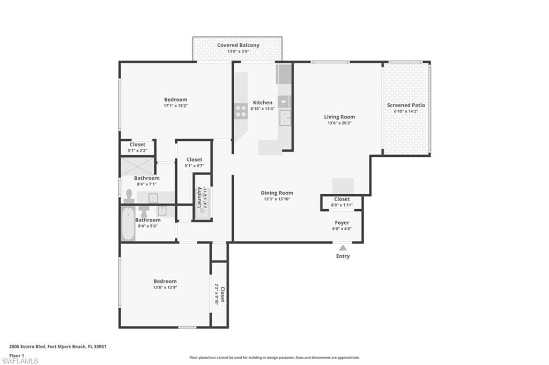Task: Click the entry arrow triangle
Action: pyautogui.click(x=343, y=247)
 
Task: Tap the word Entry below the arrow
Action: pyautogui.click(x=343, y=256)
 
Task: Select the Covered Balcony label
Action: pyautogui.click(x=238, y=45)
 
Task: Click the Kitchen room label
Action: pyautogui.click(x=263, y=103)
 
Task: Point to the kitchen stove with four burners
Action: pyautogui.click(x=241, y=111)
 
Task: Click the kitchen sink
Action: pyautogui.click(x=284, y=118)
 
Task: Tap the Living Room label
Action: pyautogui.click(x=339, y=117)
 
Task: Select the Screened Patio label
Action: pyautogui.click(x=406, y=105)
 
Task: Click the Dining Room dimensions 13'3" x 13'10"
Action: pyautogui.click(x=277, y=199)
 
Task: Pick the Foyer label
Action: pyautogui.click(x=342, y=223)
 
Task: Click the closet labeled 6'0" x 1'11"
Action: pyautogui.click(x=342, y=202)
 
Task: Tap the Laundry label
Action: pyautogui.click(x=199, y=197)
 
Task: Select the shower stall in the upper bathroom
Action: pyautogui.click(x=137, y=166)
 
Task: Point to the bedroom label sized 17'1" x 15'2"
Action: pyautogui.click(x=175, y=102)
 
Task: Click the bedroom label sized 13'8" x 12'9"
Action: pyautogui.click(x=165, y=284)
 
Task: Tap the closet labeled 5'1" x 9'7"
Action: pyautogui.click(x=194, y=162)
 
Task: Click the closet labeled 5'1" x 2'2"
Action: pyautogui.click(x=137, y=147)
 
